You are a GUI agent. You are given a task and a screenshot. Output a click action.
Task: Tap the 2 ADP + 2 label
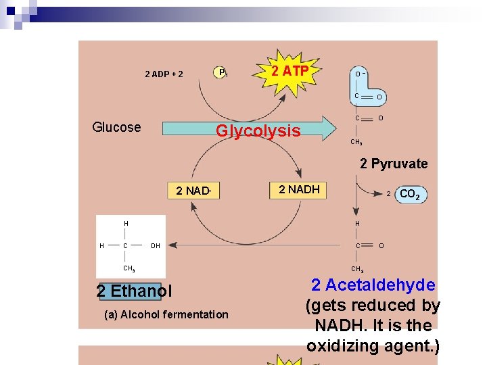pyautogui.click(x=164, y=74)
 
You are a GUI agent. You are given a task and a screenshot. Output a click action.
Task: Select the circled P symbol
pyautogui.click(x=221, y=72)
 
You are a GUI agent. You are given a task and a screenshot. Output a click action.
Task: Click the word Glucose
pyautogui.click(x=116, y=127)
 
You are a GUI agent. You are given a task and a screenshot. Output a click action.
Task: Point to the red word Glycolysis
pyautogui.click(x=258, y=130)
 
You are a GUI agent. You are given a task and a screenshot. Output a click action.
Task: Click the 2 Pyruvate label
pyautogui.click(x=394, y=164)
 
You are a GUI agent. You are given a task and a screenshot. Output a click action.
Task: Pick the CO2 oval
pyautogui.click(x=410, y=195)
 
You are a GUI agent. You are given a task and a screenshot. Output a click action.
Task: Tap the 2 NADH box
pyautogui.click(x=299, y=190)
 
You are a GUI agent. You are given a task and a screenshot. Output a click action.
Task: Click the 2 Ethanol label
pyautogui.click(x=134, y=291)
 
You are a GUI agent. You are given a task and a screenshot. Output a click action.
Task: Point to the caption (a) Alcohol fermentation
pyautogui.click(x=166, y=314)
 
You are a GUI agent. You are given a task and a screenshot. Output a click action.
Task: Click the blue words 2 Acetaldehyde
pyautogui.click(x=373, y=285)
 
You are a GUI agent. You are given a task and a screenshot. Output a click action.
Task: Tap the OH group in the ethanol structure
pyautogui.click(x=156, y=246)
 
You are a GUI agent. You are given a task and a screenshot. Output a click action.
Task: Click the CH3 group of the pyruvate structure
pyautogui.click(x=356, y=142)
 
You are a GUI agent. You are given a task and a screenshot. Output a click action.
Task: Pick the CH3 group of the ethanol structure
pyautogui.click(x=129, y=268)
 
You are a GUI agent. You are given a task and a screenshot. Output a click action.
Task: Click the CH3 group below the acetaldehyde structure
pyautogui.click(x=357, y=269)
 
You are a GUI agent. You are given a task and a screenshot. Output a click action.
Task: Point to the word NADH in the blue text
pyautogui.click(x=340, y=326)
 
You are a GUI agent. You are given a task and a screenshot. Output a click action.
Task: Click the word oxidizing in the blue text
pyautogui.click(x=342, y=346)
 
